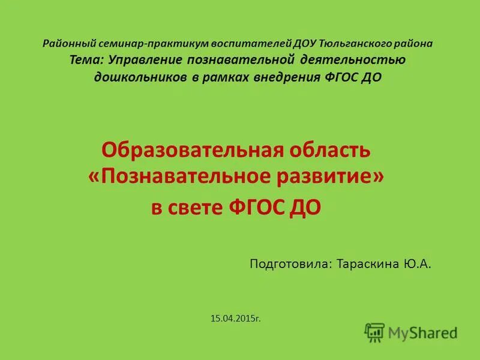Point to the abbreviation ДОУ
[305, 44]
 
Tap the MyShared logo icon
[374, 332]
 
